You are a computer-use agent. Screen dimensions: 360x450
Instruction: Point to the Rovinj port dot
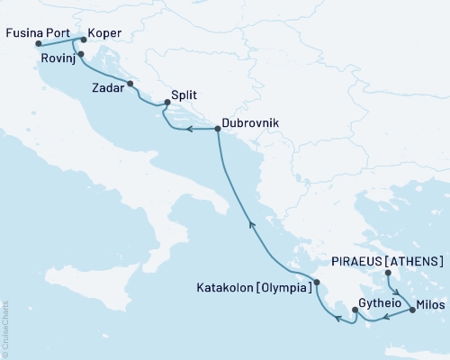[x=81, y=54]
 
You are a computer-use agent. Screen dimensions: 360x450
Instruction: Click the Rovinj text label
[x=57, y=58]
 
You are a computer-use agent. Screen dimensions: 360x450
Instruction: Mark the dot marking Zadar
[x=131, y=84]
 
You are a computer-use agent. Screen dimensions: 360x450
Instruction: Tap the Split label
[x=184, y=96]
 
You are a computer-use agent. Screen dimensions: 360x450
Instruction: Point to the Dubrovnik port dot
[x=218, y=130]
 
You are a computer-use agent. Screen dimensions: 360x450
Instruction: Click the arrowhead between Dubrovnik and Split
[x=190, y=130]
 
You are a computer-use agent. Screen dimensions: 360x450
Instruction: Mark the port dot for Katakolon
[x=316, y=283]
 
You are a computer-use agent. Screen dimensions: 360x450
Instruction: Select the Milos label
[x=432, y=303]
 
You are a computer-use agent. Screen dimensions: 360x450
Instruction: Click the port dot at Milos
[x=412, y=310]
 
